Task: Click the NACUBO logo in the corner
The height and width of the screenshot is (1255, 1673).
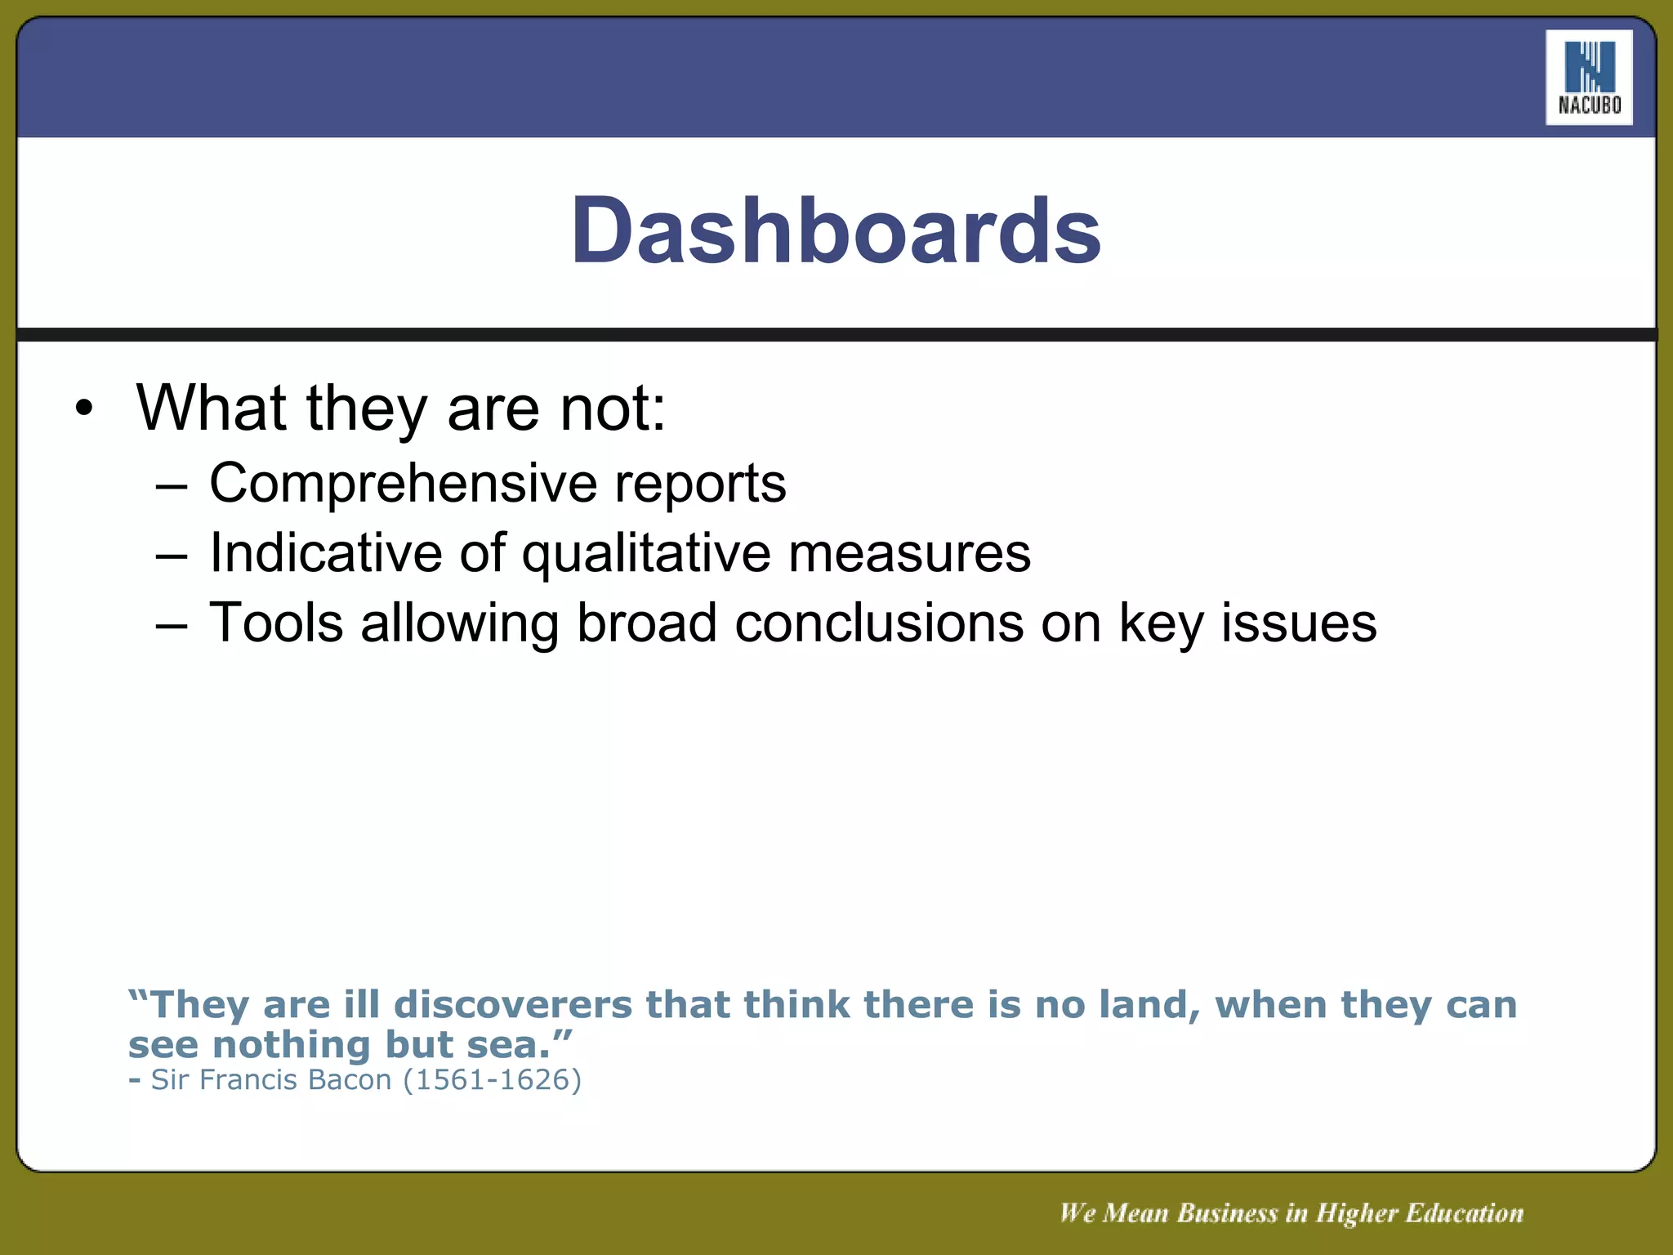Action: [x=1589, y=78]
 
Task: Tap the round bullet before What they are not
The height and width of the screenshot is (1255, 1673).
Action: [x=84, y=408]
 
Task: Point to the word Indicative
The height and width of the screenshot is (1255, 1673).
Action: [x=325, y=553]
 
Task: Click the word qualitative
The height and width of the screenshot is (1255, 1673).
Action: [x=646, y=554]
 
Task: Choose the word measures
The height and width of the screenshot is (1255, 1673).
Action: [x=909, y=553]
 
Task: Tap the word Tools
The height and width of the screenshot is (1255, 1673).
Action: [x=276, y=623]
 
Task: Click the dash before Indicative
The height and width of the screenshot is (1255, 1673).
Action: [x=172, y=556]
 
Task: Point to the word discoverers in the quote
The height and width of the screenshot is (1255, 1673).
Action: [x=513, y=1004]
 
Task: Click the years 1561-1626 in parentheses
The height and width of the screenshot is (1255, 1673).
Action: [x=493, y=1080]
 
